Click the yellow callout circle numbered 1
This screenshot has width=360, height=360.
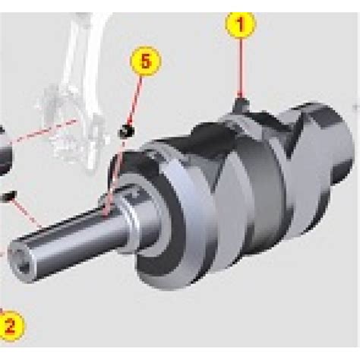coord(241,24)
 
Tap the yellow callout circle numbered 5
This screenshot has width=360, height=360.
coord(146,61)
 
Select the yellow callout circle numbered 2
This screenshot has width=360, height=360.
coord(11,326)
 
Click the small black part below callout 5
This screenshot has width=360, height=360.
coord(126,131)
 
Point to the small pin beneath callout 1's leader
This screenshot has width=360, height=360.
coord(241,104)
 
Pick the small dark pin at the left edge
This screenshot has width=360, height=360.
coord(8,196)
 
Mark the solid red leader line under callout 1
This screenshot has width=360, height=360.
coord(241,68)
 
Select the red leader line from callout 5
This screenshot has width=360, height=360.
coord(135,100)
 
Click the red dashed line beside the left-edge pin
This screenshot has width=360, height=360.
coord(27,213)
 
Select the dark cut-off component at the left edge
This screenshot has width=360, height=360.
coord(5,152)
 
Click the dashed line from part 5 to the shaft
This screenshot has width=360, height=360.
coord(115,177)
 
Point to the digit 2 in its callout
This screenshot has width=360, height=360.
coord(10,326)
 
